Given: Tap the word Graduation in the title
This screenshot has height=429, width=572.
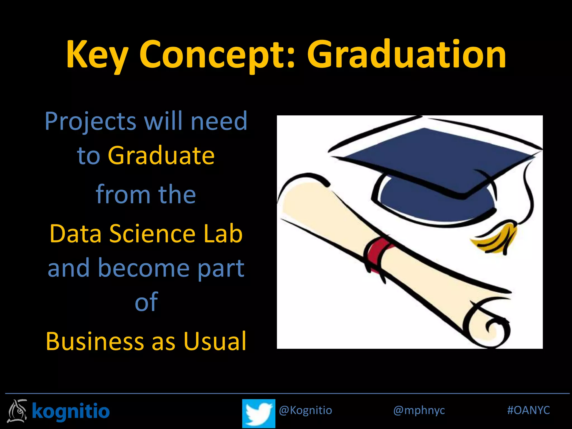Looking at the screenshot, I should pos(406,54).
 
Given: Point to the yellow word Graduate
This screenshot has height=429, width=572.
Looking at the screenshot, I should pos(161,156).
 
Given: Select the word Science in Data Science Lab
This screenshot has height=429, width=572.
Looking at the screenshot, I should pos(152,234).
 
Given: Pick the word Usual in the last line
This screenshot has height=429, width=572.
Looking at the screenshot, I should pos(215,341).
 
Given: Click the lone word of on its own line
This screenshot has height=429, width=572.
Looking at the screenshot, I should pos(146,302).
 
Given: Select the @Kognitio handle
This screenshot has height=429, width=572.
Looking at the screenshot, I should pos(305,410).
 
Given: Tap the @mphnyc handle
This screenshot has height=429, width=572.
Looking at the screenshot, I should pos(419,410).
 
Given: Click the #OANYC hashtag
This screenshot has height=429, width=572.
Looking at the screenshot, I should pos(528,410).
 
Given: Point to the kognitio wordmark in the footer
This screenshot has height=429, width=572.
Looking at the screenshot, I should pos(71,411).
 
